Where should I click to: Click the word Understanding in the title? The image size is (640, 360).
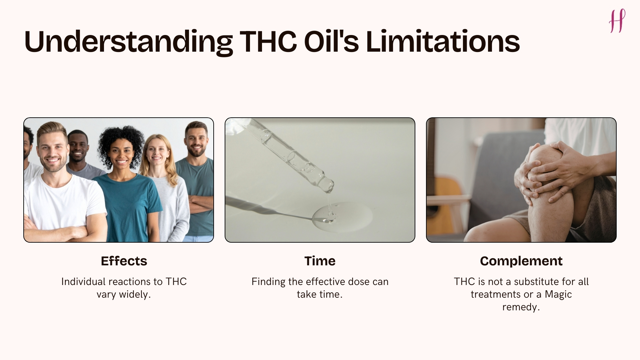(128, 42)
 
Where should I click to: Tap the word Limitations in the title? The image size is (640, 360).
(443, 42)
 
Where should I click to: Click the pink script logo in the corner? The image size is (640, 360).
(617, 21)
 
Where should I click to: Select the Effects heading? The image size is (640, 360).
(124, 261)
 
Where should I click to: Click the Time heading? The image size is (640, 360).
(320, 261)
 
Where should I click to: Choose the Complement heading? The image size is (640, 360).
(521, 261)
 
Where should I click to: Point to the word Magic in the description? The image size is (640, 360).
(558, 294)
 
